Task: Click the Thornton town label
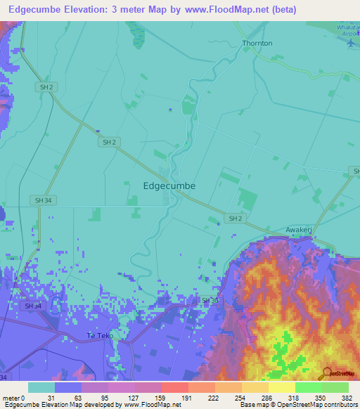(x=257, y=43)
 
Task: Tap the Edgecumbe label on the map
(x=169, y=186)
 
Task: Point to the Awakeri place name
(x=300, y=230)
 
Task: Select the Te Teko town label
(x=99, y=336)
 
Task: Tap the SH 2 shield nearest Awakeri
(x=236, y=219)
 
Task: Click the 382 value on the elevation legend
(x=347, y=397)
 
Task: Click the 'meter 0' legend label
(x=14, y=397)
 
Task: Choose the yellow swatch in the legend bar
(x=281, y=387)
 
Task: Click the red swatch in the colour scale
(x=174, y=387)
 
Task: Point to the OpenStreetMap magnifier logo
(x=327, y=373)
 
